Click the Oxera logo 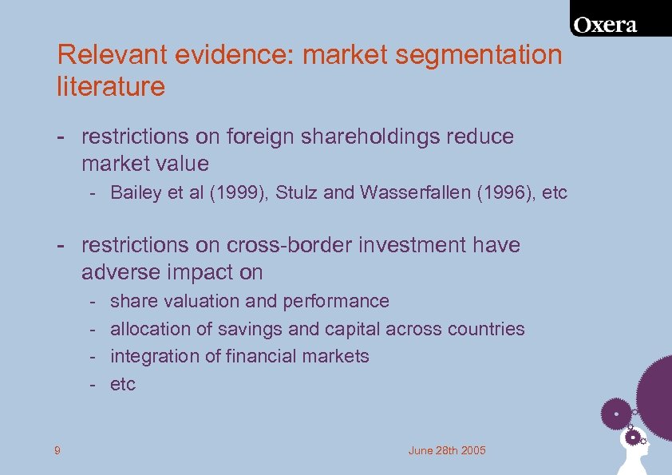coord(606,25)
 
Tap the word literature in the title coord(110,86)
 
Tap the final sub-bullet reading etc coord(123,384)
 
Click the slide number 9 coord(57,451)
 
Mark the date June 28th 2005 coord(447,451)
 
